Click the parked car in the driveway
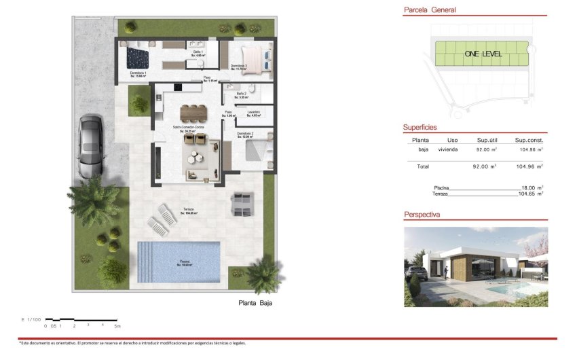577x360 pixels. [90, 145]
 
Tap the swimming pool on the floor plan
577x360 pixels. [179, 262]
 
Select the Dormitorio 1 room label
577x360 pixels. [138, 73]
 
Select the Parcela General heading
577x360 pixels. [429, 10]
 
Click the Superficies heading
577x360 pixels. [420, 127]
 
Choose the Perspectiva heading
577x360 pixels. [422, 215]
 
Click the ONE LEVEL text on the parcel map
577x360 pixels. [483, 54]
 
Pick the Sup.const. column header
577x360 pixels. [528, 140]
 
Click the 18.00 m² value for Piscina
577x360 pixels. [532, 187]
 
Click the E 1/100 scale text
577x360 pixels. [31, 319]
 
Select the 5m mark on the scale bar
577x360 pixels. [117, 326]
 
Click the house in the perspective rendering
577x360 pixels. [468, 265]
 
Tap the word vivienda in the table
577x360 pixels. [448, 149]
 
